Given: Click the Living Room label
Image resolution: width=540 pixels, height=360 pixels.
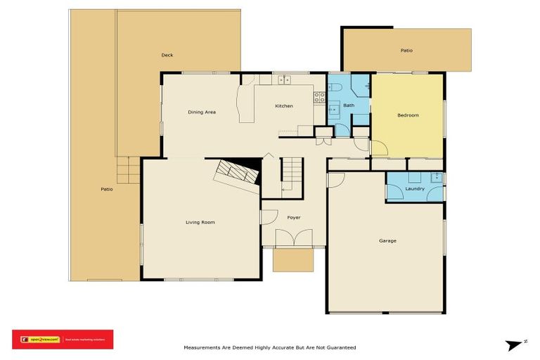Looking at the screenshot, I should click(x=200, y=222).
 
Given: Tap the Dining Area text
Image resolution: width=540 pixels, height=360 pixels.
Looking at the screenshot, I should click(x=201, y=112).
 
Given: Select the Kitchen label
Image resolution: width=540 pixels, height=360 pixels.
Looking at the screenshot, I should click(x=283, y=105).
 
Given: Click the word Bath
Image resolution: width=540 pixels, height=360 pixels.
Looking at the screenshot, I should click(x=348, y=105).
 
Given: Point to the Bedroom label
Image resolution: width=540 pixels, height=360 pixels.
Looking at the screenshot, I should click(x=408, y=115).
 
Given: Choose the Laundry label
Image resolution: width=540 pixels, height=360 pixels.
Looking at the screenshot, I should click(x=415, y=188).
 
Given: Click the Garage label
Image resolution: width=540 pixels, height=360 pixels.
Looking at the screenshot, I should click(x=387, y=240).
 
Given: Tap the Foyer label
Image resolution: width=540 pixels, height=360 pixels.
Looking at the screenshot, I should click(x=294, y=217).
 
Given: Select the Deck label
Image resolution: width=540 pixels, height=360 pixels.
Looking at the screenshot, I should click(x=167, y=55).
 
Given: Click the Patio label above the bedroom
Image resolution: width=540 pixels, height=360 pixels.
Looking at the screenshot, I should click(x=406, y=51).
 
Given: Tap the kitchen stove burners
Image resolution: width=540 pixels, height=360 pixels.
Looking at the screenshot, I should click(x=319, y=97).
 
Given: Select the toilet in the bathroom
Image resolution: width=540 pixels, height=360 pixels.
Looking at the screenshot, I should click(x=335, y=86).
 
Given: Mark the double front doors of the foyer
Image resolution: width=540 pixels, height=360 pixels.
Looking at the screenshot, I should click(x=293, y=239).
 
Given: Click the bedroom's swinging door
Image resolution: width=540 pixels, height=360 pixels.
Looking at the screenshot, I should click(x=378, y=148).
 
